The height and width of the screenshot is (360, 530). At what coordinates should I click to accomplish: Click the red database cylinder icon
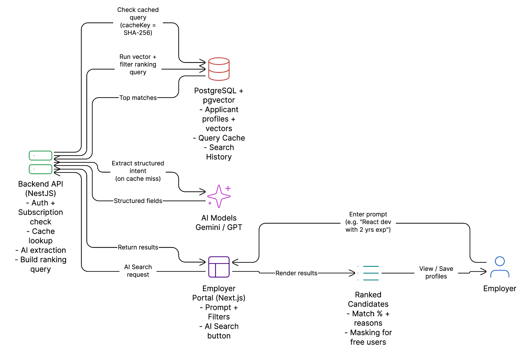point(219,69)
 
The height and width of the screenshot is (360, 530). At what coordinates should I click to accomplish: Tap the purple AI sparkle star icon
point(219,196)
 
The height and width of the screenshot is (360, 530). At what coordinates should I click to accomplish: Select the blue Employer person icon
point(500,267)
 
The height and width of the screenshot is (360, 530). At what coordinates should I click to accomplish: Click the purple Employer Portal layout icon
point(219,267)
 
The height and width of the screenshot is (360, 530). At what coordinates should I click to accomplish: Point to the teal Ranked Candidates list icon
point(369,273)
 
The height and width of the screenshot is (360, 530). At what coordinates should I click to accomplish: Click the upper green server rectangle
point(41,155)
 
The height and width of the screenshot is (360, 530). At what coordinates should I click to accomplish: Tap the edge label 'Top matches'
point(138,98)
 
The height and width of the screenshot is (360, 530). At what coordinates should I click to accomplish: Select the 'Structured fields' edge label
point(138,201)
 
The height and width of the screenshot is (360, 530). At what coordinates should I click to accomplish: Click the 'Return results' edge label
point(138,247)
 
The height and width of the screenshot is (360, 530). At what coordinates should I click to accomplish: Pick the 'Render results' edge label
point(296,273)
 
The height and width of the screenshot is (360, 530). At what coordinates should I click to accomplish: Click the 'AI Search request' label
point(138,271)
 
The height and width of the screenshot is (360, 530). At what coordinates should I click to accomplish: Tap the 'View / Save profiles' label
point(436,272)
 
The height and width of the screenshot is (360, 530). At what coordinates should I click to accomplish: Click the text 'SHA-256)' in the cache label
point(138,33)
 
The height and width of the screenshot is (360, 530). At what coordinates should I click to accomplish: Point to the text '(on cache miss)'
point(138,179)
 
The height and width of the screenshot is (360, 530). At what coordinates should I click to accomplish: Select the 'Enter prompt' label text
point(368,214)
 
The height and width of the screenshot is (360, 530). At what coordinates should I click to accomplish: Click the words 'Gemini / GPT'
point(219,227)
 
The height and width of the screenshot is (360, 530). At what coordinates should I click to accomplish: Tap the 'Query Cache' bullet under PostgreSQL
point(221,138)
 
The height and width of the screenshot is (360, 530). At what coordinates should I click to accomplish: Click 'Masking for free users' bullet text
point(368,337)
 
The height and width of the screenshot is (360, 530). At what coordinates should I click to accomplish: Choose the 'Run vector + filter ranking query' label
point(138,64)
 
